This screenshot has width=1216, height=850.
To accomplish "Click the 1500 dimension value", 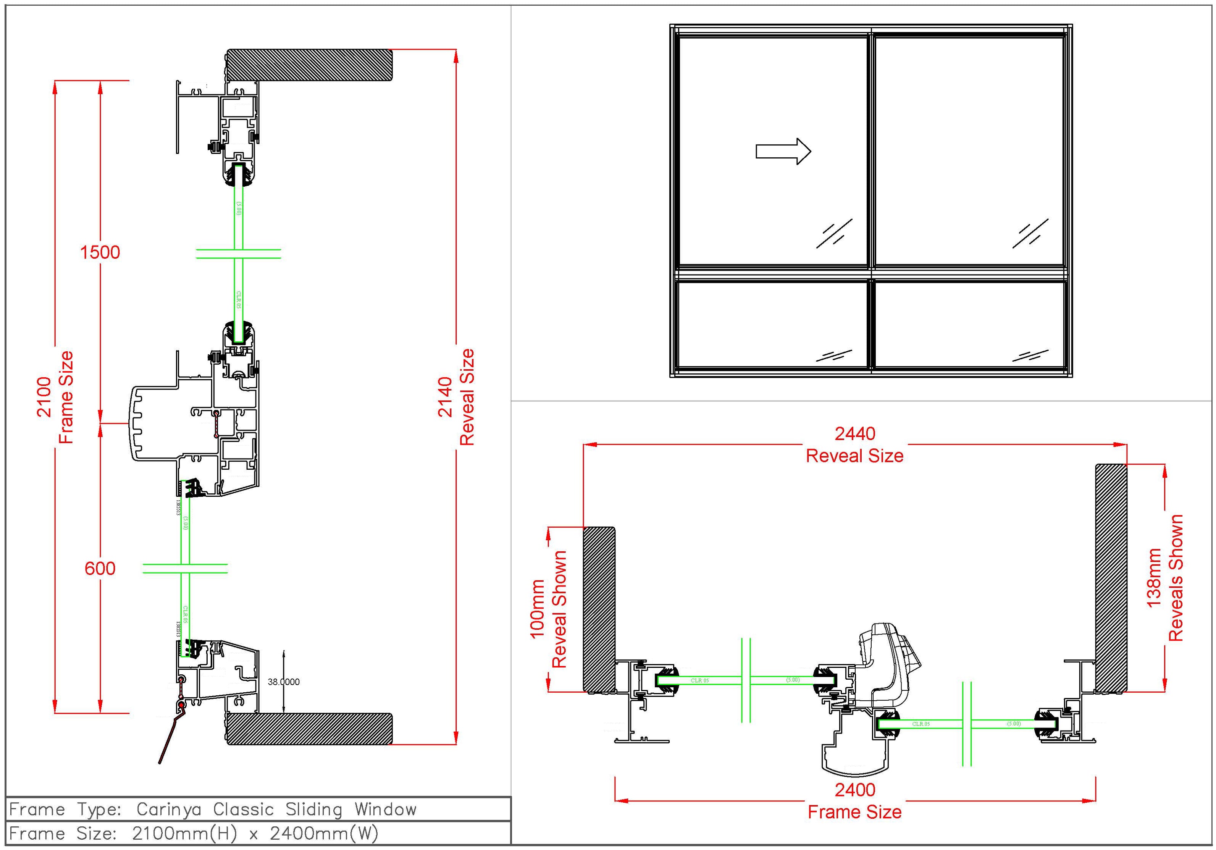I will (100, 252).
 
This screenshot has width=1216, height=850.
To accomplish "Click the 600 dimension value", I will (100, 568).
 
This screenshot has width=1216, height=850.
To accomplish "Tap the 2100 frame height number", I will (44, 397).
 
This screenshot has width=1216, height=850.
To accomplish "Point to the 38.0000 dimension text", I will (283, 682).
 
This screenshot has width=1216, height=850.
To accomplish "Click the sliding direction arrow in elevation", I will (783, 152).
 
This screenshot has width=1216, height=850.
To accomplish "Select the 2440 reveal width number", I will (855, 434).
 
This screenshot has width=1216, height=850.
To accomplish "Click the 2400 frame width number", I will (855, 790).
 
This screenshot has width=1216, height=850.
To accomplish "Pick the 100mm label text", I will (537, 609).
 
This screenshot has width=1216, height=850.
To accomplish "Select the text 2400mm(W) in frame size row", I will (324, 834).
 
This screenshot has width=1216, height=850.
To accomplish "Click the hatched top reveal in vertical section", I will (310, 65).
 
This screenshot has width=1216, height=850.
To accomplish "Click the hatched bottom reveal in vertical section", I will (310, 729).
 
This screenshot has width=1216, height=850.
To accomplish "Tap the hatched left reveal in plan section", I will (599, 609).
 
